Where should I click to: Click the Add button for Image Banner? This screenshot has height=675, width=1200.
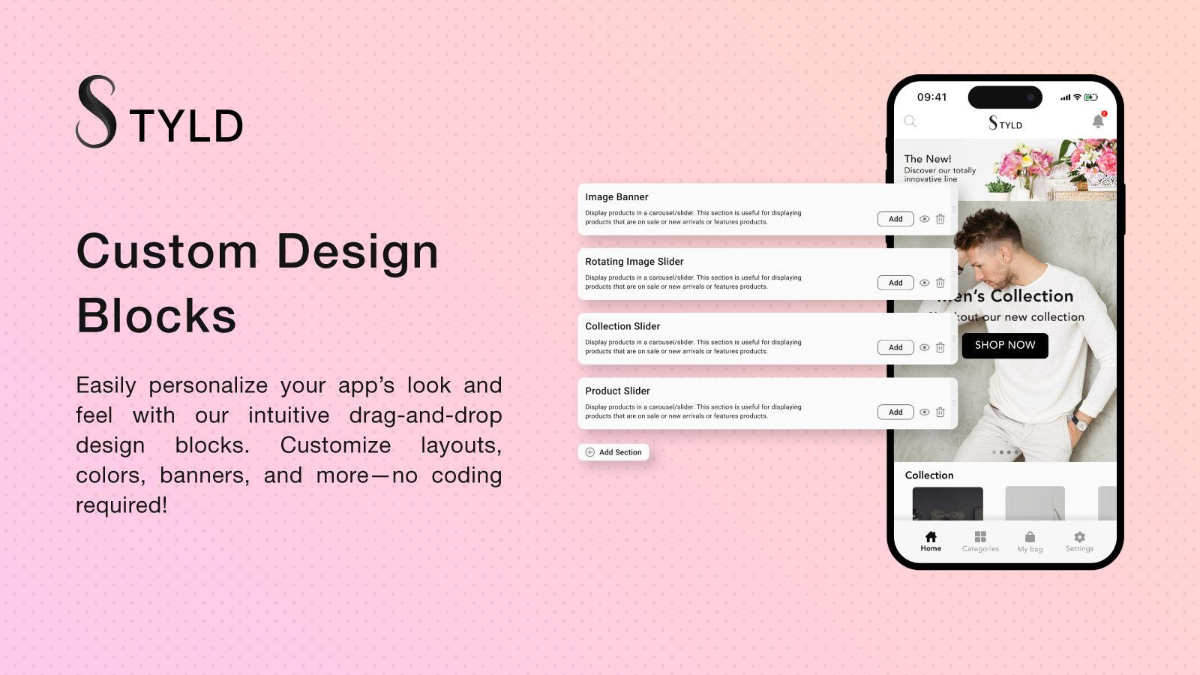click(x=895, y=219)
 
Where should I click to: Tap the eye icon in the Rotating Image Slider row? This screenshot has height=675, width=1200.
click(x=925, y=283)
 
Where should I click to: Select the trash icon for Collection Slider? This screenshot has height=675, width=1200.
click(x=940, y=348)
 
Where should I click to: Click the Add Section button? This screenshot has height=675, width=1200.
click(x=613, y=452)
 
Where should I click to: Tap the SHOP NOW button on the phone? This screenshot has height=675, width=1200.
click(x=1004, y=345)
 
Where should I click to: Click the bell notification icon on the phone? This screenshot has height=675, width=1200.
click(x=1098, y=121)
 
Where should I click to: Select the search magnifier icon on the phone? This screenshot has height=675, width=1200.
click(x=910, y=121)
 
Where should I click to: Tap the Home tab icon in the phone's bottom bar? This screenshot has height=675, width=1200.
click(x=931, y=537)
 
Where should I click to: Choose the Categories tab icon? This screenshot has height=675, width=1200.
click(x=980, y=537)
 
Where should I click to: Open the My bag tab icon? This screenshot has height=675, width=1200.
click(x=1030, y=537)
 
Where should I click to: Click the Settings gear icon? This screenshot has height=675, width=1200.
click(x=1079, y=537)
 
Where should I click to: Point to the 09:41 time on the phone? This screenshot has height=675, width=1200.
click(x=931, y=97)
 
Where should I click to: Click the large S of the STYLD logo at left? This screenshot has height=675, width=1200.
click(x=97, y=112)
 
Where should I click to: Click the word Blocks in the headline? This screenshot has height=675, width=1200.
click(x=156, y=316)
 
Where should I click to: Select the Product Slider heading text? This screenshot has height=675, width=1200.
click(x=617, y=391)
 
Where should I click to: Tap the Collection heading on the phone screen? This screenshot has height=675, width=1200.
click(x=928, y=475)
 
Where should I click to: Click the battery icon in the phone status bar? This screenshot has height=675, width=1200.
click(x=1090, y=97)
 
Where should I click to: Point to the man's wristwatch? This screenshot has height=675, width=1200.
click(x=1080, y=423)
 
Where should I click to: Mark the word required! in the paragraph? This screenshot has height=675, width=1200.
click(x=121, y=505)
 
